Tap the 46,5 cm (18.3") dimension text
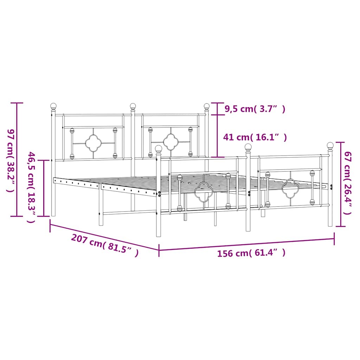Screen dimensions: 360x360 31,187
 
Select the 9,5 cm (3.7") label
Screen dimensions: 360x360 255,109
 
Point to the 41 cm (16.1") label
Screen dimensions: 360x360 255,137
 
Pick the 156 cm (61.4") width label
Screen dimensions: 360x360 251,253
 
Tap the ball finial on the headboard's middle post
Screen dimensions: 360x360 133,106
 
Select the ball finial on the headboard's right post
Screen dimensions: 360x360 207,106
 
